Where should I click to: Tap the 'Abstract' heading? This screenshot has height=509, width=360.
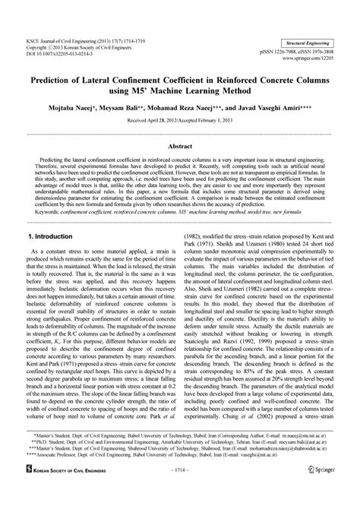[179, 145]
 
